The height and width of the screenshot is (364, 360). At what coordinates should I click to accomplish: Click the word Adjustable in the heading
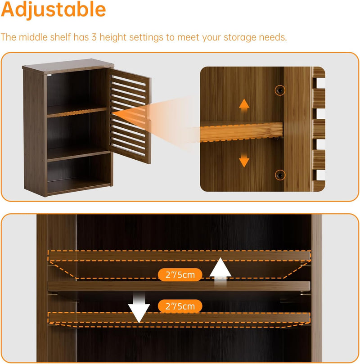click(x=54, y=10)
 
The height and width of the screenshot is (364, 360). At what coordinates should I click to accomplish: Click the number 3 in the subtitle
click(x=94, y=37)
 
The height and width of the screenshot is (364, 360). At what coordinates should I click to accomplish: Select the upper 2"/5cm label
click(x=180, y=274)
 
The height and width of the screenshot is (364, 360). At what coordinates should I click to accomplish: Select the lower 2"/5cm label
click(x=180, y=306)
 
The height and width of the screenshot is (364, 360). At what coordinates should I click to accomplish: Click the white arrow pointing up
click(x=220, y=270)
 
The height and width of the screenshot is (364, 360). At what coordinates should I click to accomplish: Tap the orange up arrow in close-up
click(x=244, y=105)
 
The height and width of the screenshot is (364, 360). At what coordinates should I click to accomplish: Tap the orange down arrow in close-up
click(x=244, y=160)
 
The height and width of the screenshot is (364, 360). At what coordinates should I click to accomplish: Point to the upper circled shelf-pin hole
click(x=280, y=90)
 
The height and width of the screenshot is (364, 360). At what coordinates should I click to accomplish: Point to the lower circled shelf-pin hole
click(x=280, y=175)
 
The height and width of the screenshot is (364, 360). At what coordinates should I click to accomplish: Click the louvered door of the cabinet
click(x=130, y=116)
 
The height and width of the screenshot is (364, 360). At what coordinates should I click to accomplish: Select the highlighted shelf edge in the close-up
click(x=241, y=132)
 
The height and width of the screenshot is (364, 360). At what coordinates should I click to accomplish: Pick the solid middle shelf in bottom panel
click(x=179, y=286)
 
